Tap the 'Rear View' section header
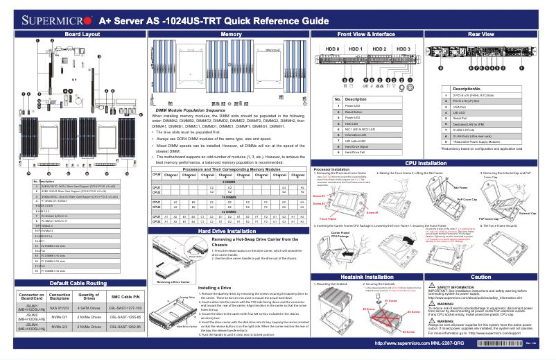[480, 34]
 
